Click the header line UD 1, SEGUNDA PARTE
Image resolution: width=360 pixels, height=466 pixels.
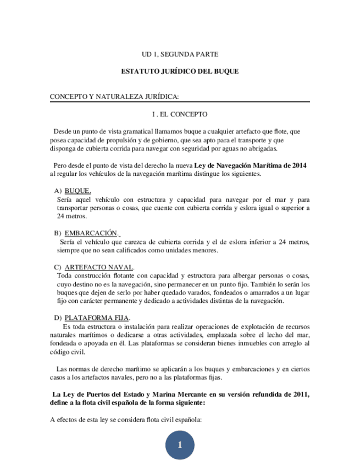coord(180,54)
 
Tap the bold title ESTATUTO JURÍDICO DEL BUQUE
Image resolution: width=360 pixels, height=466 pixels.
coord(180,71)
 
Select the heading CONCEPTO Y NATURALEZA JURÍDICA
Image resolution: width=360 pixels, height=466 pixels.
coord(114,97)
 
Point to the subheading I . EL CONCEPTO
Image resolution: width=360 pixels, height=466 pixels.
coord(180,114)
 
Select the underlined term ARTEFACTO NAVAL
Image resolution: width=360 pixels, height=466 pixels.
coord(96,267)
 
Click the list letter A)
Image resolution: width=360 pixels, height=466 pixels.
coord(58,190)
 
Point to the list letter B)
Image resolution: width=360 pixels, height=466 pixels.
coord(58,232)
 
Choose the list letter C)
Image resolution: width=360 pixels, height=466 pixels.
coord(58,267)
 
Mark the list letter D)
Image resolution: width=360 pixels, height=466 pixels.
coord(58,318)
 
